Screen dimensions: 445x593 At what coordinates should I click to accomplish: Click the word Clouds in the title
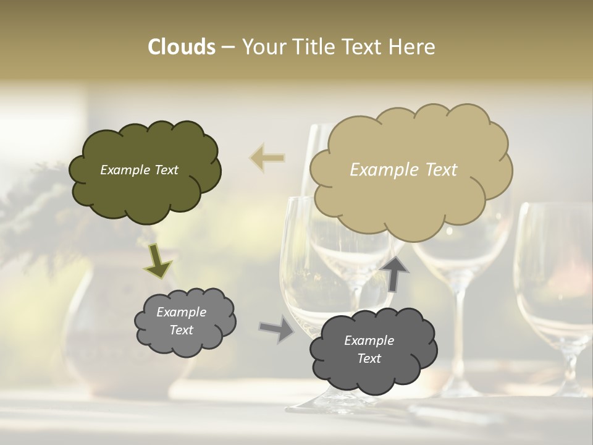click(182, 47)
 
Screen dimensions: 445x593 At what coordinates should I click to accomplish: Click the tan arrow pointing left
click(267, 158)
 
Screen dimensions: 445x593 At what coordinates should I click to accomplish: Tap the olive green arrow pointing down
click(158, 263)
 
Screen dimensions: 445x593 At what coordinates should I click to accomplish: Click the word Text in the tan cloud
click(436, 170)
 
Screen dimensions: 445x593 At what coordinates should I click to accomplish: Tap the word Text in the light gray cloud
click(181, 330)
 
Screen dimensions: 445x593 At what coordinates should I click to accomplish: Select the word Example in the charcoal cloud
click(369, 341)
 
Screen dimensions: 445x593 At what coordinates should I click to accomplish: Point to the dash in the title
click(228, 48)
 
